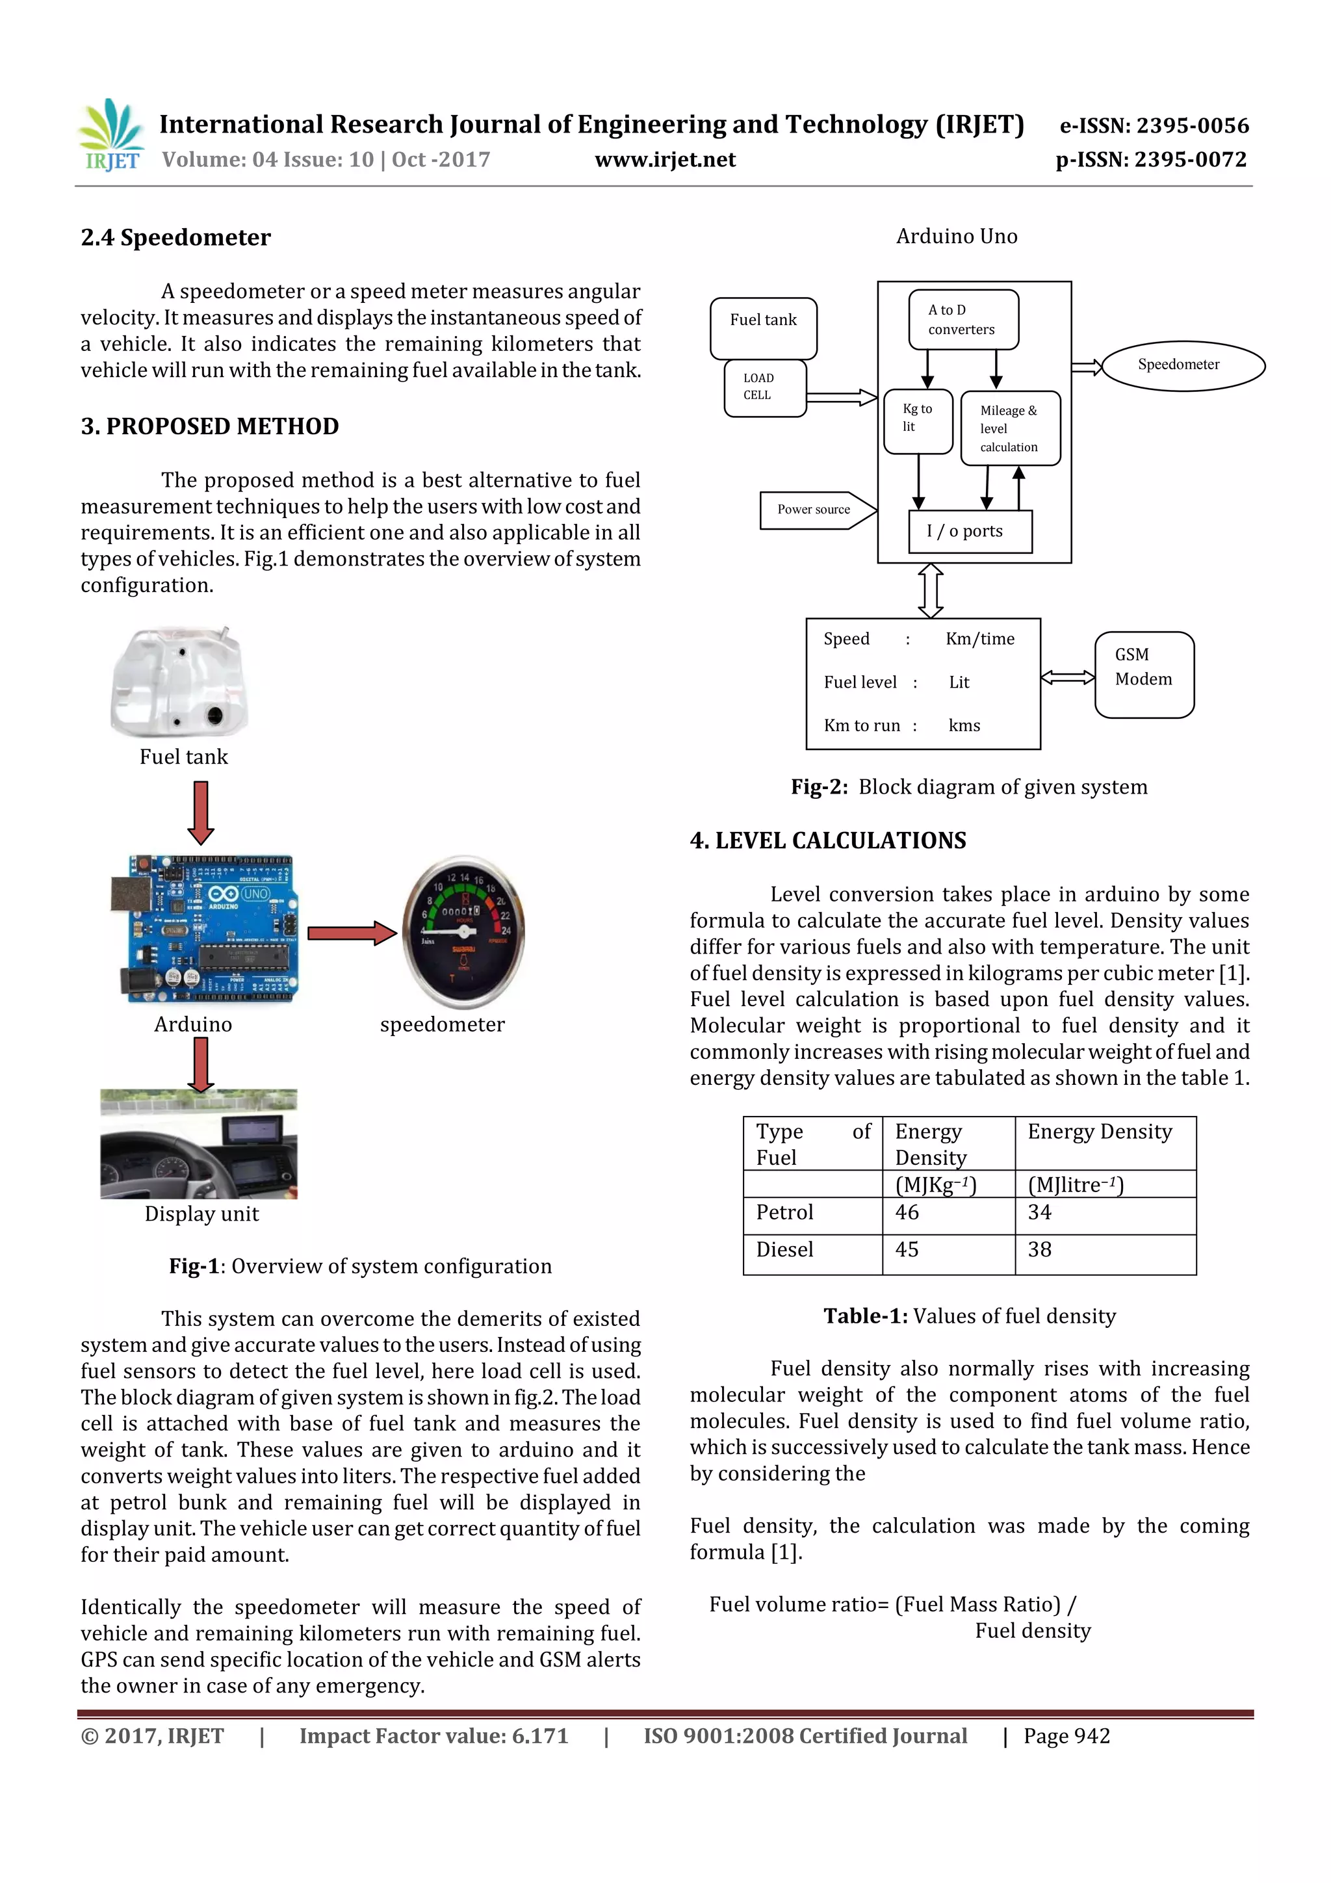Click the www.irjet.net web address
(664, 159)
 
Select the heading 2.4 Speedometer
(175, 238)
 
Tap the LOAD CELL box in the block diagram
(764, 387)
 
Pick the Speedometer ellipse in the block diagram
(1182, 365)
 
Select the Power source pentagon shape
(817, 510)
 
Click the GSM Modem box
(1144, 674)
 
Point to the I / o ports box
(970, 532)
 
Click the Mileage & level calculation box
(1009, 428)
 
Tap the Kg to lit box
(918, 421)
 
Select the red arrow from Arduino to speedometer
(352, 933)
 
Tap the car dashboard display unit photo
(198, 1143)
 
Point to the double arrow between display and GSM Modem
(1067, 677)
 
